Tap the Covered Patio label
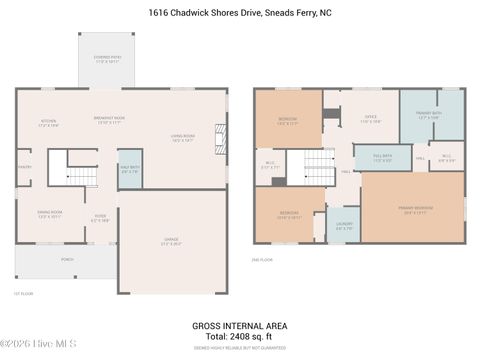pos(108,60)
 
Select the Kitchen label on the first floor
pos(48,123)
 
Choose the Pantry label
pos(24,167)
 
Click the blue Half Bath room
pos(130,168)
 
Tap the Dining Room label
pos(50,214)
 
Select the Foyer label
pos(100,219)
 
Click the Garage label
pos(171,240)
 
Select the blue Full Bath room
pos(381,158)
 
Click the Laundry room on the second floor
pos(344,228)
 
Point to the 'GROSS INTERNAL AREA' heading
pos(239,325)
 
